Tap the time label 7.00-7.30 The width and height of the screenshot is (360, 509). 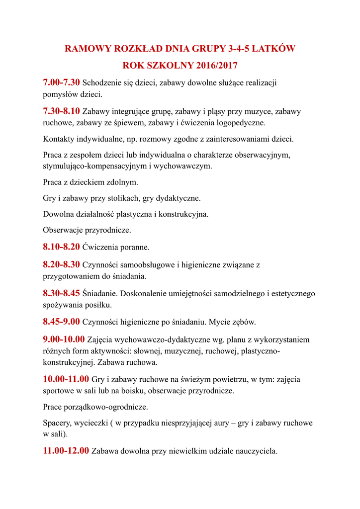(x=61, y=82)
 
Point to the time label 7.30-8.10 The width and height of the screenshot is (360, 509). (x=61, y=111)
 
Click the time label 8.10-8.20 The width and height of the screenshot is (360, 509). (x=61, y=246)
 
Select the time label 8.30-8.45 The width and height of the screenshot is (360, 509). (x=61, y=293)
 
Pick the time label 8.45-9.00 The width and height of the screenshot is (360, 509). (x=61, y=322)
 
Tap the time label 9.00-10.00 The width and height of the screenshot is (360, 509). (x=64, y=340)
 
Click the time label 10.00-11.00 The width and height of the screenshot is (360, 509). (x=66, y=379)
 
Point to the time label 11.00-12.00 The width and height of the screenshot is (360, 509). (x=66, y=451)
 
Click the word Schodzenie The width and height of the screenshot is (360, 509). (x=102, y=83)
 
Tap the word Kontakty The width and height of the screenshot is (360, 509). (x=59, y=139)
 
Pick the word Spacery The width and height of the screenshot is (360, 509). (x=57, y=423)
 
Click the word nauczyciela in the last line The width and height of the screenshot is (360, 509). (x=256, y=451)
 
